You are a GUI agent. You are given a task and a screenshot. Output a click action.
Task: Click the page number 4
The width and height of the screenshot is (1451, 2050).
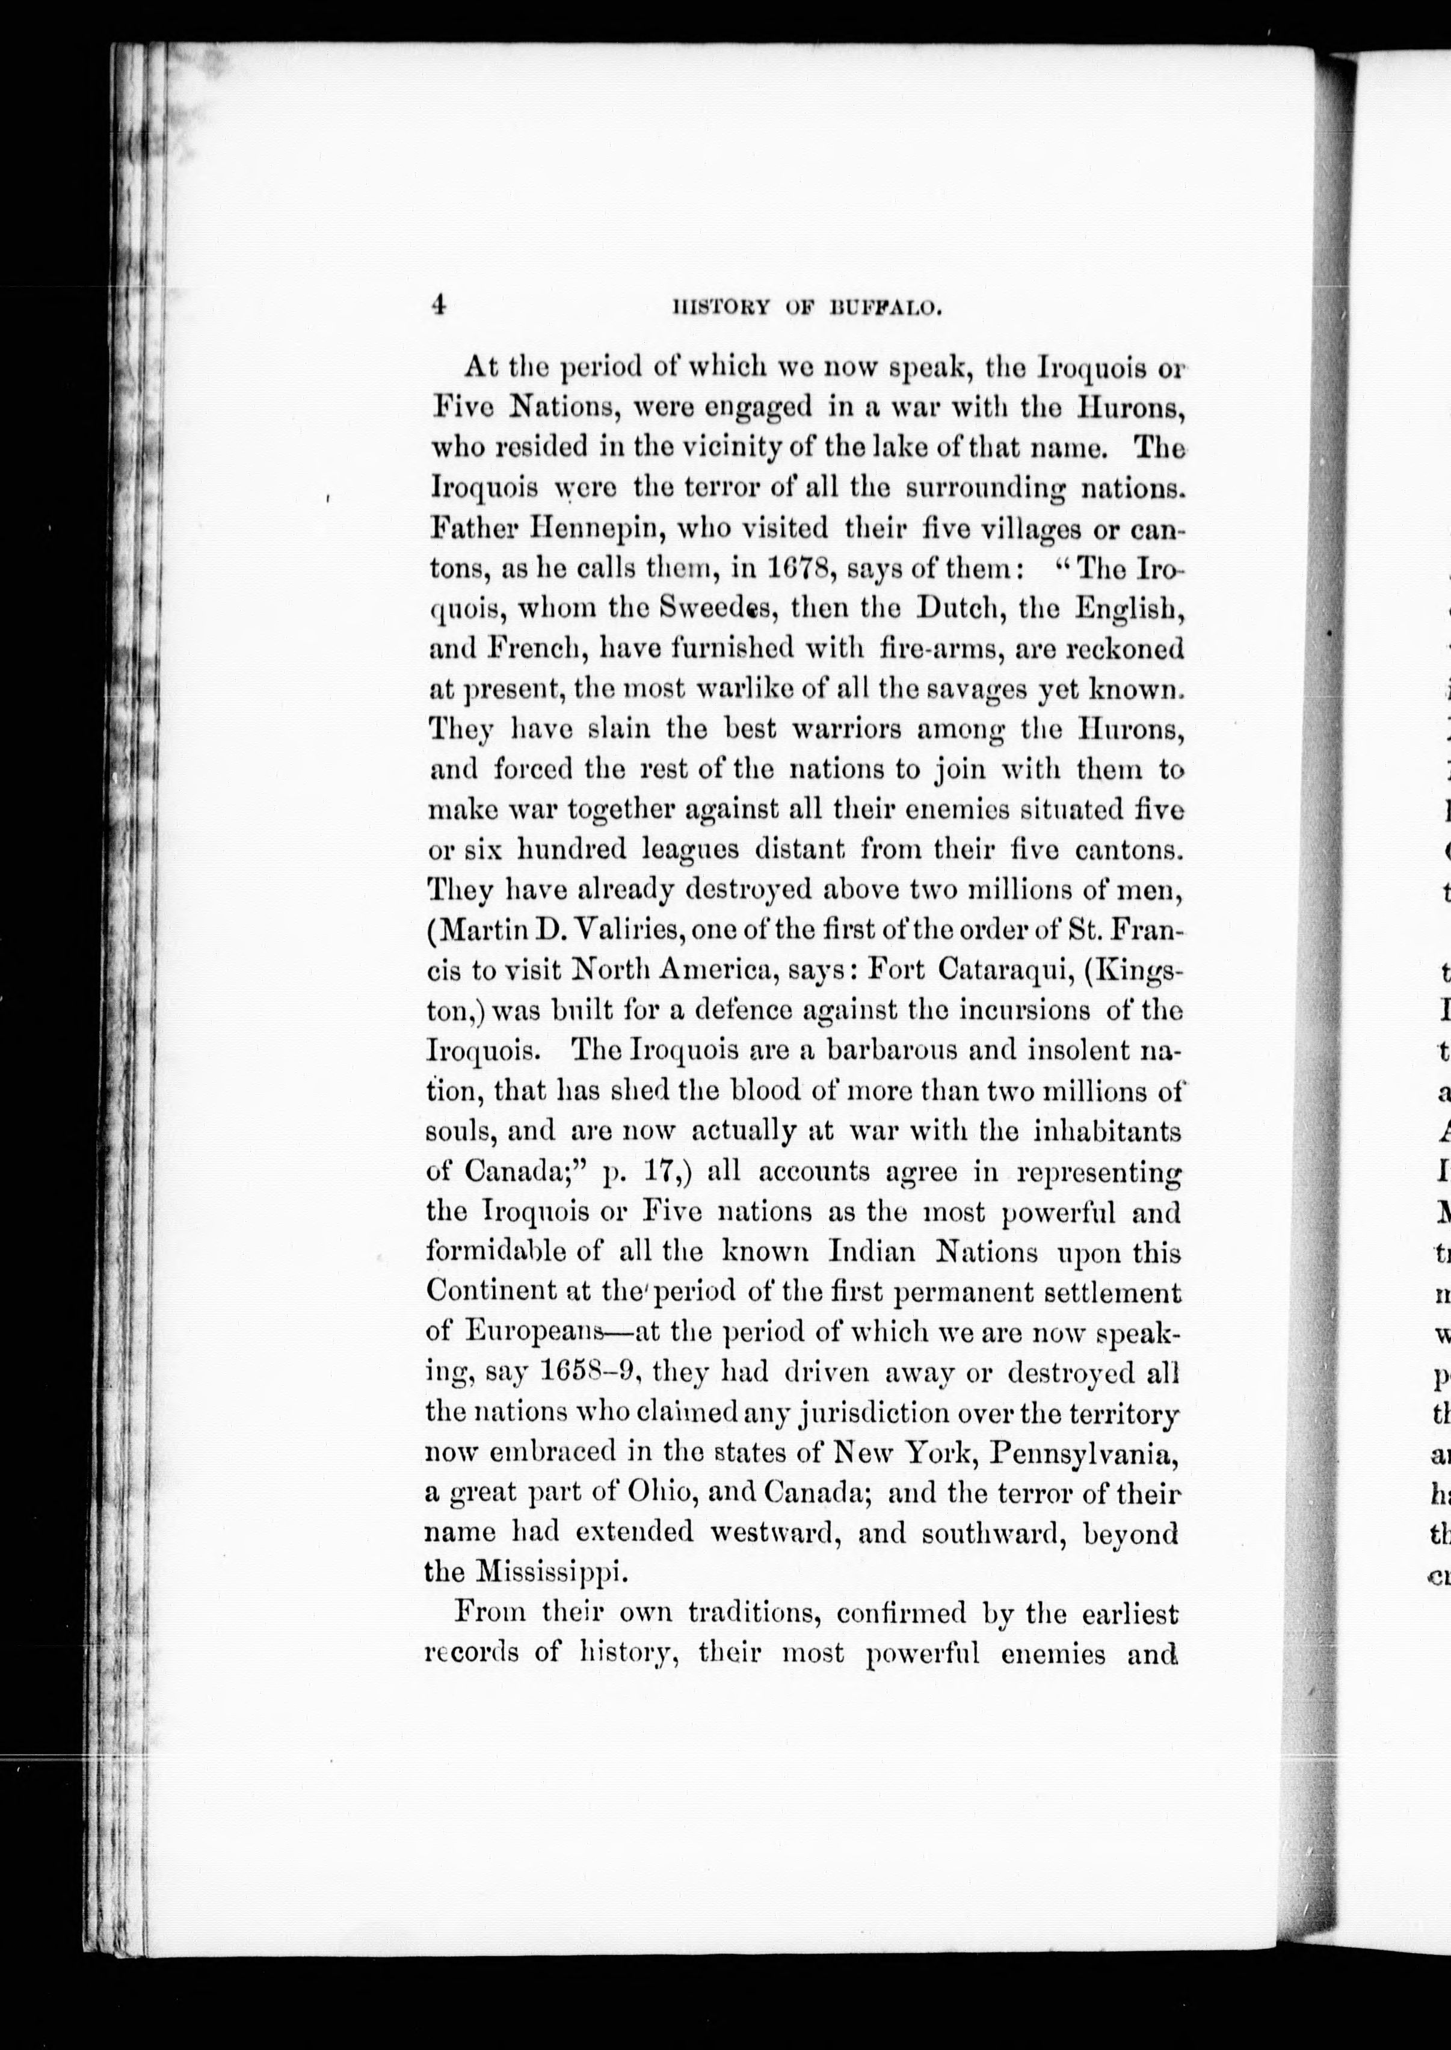(x=437, y=306)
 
